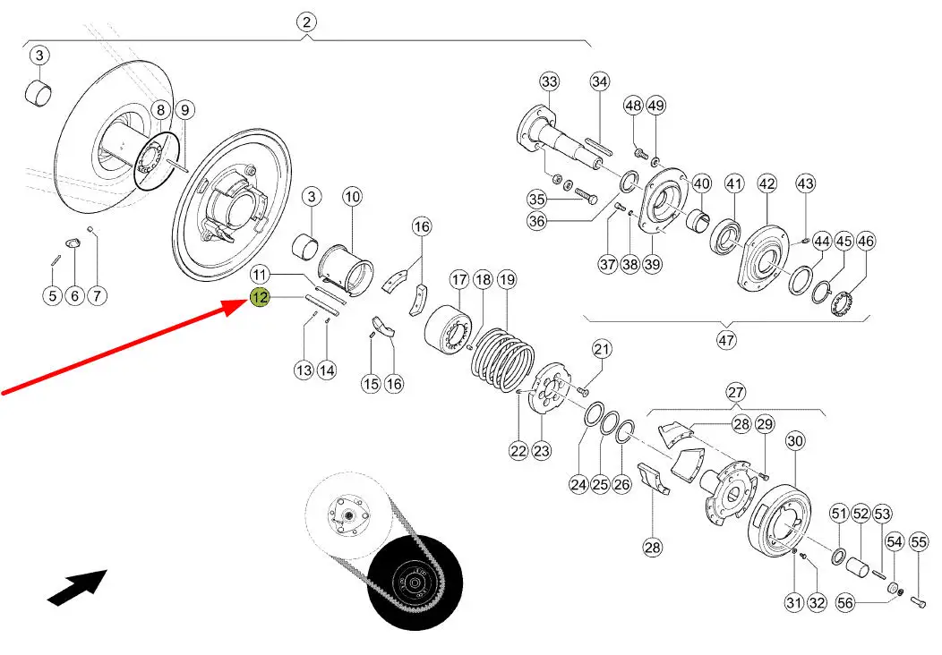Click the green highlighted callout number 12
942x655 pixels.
[260, 298]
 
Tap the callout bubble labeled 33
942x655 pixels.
[549, 82]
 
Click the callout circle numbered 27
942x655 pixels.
[735, 392]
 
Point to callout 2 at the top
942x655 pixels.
[306, 23]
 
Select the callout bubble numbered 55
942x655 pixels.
[918, 541]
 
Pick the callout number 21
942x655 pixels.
[601, 349]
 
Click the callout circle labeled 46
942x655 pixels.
[866, 241]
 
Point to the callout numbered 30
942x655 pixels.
[795, 441]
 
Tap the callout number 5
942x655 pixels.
[52, 295]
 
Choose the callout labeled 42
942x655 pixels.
[767, 183]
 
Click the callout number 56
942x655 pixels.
[844, 603]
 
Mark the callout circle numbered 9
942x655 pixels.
[183, 110]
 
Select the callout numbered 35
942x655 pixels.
[536, 199]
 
